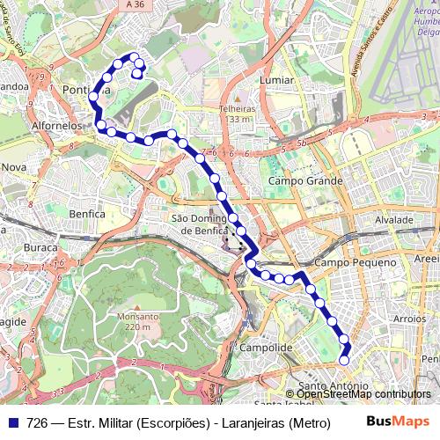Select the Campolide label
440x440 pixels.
click(267, 348)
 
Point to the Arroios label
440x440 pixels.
click(410, 319)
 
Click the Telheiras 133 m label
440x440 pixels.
click(236, 114)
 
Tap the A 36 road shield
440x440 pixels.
click(135, 5)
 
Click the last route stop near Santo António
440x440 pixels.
click(344, 359)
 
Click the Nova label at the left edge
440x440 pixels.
click(14, 166)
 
